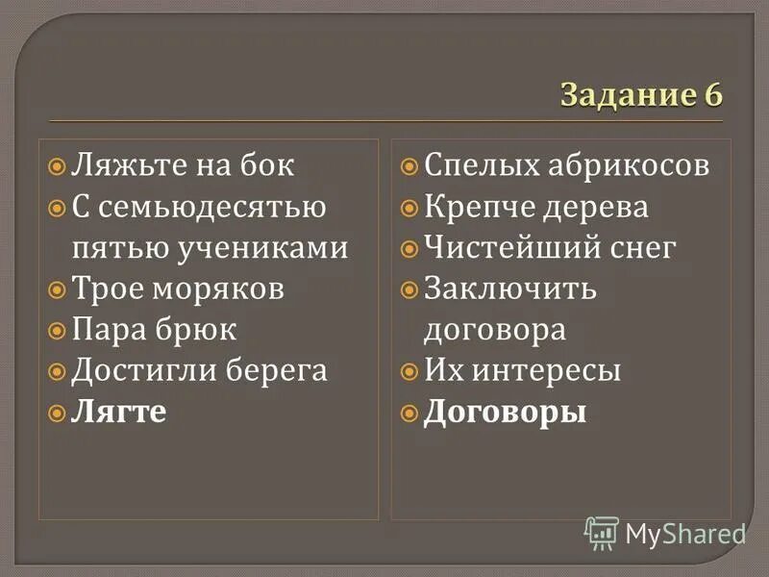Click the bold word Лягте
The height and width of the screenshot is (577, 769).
(x=119, y=413)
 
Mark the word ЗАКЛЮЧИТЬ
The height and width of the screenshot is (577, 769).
(x=510, y=289)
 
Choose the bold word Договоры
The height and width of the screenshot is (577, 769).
(x=505, y=413)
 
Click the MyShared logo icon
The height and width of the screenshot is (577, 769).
(x=601, y=532)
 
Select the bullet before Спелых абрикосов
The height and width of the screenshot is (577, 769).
(x=409, y=166)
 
